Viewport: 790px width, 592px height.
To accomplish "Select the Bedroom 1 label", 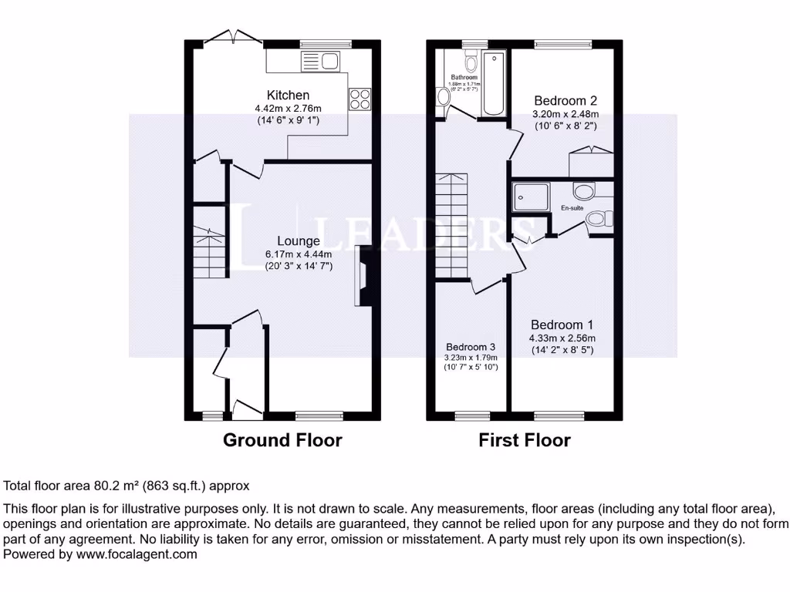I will [x=562, y=325].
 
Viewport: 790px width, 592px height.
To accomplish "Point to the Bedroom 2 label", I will [x=565, y=100].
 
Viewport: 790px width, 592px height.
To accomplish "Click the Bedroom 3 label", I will [x=470, y=346].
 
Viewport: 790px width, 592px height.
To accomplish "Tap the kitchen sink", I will [x=322, y=60].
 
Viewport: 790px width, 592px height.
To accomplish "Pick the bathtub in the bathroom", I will [x=491, y=83].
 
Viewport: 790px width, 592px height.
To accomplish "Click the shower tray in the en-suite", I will [x=531, y=197].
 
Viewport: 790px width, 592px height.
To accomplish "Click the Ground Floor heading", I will [x=282, y=440].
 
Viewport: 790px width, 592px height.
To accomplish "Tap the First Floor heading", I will [x=525, y=440].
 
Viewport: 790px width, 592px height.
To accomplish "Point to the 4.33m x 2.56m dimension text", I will [x=562, y=338].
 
